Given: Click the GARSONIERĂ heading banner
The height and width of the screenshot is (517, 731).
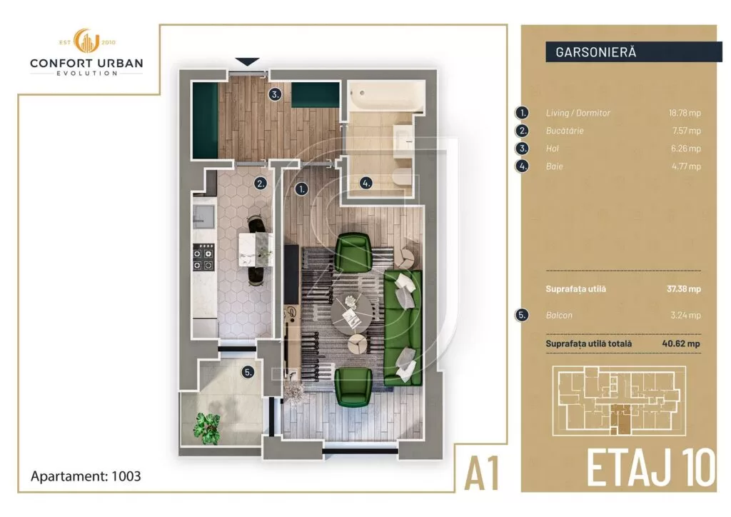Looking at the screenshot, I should pos(633,52).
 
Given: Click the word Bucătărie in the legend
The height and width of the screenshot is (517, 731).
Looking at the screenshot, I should pos(565,131).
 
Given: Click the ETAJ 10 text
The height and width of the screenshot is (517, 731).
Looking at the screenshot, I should pos(650,467).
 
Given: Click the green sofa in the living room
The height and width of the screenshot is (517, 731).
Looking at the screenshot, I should pos(403,328).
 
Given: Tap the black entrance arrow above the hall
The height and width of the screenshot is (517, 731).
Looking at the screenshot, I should pos(247,62).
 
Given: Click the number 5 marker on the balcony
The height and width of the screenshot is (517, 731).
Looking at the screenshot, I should pos(247,372).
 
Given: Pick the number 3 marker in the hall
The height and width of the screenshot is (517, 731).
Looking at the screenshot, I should pos(275,94).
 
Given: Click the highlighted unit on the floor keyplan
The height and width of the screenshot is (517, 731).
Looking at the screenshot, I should pos(625,418).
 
